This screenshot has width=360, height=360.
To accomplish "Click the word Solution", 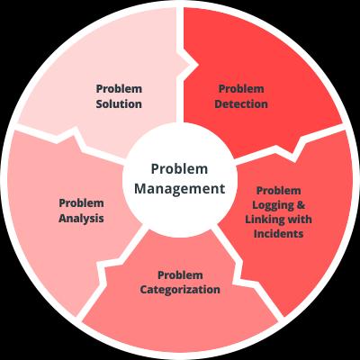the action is pos(119,104).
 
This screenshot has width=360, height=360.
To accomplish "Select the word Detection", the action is pos(241,104).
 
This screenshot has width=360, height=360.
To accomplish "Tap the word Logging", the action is pos(273,205).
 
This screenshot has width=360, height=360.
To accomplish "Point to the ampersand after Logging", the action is pos(301,205).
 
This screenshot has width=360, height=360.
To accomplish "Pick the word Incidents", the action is pos(279,233).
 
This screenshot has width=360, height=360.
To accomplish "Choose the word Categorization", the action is pos(180,290).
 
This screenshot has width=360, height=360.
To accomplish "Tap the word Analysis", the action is pos(81,219).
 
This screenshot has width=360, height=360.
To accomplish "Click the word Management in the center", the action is pos(179,189).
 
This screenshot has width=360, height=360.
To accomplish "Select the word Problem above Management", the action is pos(179,169).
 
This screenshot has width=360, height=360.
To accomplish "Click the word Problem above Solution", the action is pos(119,89).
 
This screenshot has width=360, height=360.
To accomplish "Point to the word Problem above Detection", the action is pos(241,89).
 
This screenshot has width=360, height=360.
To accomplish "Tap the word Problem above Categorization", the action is pos(180,275).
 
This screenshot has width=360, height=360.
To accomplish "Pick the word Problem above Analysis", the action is pos(81,203).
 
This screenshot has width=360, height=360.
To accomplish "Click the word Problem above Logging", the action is pos(279,191).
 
